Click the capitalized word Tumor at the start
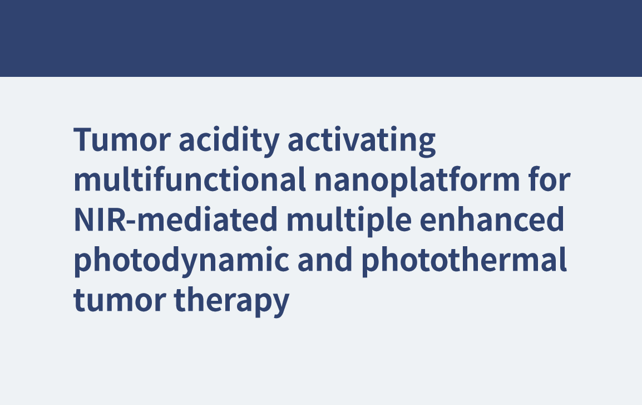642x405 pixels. click(x=122, y=140)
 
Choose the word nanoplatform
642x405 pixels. click(x=417, y=181)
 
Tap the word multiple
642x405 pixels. click(x=349, y=221)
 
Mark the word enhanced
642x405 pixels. click(x=492, y=219)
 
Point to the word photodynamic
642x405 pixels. click(x=181, y=261)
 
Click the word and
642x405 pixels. click(x=325, y=259)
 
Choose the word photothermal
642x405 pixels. click(x=464, y=261)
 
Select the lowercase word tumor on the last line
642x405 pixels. click(x=120, y=300)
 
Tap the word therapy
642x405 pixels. click(x=232, y=302)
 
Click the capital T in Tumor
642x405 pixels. click(x=85, y=139)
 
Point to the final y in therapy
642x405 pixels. click(x=279, y=305)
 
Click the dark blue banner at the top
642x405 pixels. click(x=321, y=38)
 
